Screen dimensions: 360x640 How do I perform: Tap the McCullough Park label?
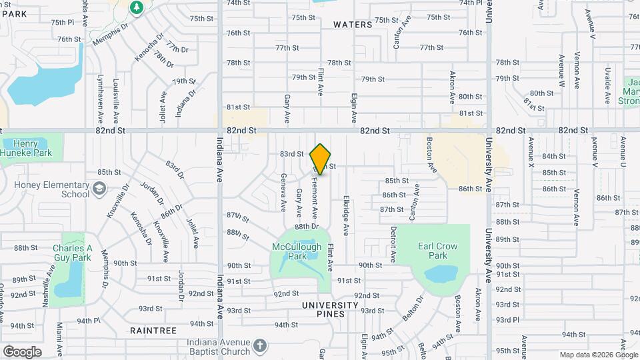tap(297, 251)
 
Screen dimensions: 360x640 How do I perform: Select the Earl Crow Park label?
tap(437, 251)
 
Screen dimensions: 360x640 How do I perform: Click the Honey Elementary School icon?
tap(99, 189)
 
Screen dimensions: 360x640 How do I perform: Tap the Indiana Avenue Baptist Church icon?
tap(260, 346)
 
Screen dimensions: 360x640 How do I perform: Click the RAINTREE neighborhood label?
tap(153, 331)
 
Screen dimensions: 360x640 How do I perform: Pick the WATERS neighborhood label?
tap(352, 25)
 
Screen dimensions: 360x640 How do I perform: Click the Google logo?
tap(22, 351)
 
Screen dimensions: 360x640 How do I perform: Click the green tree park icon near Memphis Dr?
tap(137, 7)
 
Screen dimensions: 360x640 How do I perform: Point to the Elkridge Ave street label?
tap(346, 215)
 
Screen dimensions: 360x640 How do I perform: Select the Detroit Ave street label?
tap(393, 245)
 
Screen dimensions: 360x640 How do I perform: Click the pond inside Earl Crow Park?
tap(439, 274)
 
